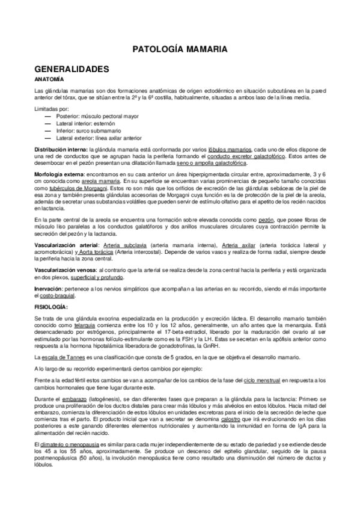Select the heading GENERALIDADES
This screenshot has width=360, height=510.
(72, 69)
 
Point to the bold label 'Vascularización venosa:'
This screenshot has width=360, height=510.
(66, 270)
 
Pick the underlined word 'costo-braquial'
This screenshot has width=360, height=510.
(52, 296)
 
